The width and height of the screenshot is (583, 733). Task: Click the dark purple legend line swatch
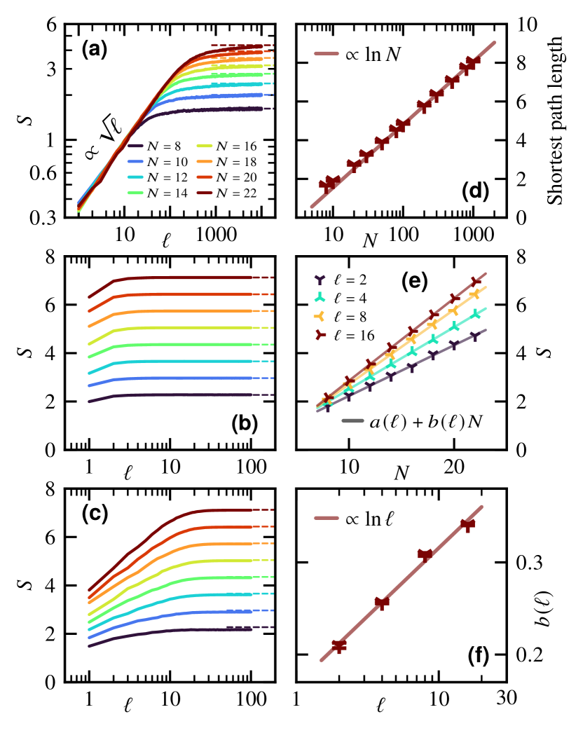coord(135,146)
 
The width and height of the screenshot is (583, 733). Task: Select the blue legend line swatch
coord(135,161)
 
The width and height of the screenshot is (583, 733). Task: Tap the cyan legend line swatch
coord(135,177)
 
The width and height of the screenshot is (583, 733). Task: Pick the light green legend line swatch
coord(135,193)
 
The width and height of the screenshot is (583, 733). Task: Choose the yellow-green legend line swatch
coord(204,146)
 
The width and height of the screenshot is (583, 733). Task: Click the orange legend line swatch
coord(204,161)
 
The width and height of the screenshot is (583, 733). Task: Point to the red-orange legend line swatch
coord(204,177)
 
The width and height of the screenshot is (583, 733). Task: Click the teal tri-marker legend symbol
coord(320,297)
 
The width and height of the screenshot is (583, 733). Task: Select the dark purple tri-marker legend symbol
coord(320,279)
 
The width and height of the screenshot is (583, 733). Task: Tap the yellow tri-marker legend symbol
coord(320,316)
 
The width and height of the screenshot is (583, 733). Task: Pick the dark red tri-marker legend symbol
coord(320,334)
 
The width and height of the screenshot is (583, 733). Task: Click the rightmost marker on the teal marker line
coord(476,313)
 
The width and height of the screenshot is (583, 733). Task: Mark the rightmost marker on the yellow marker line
coord(475,294)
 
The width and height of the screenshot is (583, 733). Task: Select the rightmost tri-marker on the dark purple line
coord(474,336)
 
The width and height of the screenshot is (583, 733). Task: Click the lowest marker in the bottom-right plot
coord(339,645)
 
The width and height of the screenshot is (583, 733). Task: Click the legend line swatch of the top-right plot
coord(326,53)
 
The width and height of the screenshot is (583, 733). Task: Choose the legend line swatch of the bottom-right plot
coord(326,518)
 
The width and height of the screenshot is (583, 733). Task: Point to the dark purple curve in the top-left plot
coord(210,109)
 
